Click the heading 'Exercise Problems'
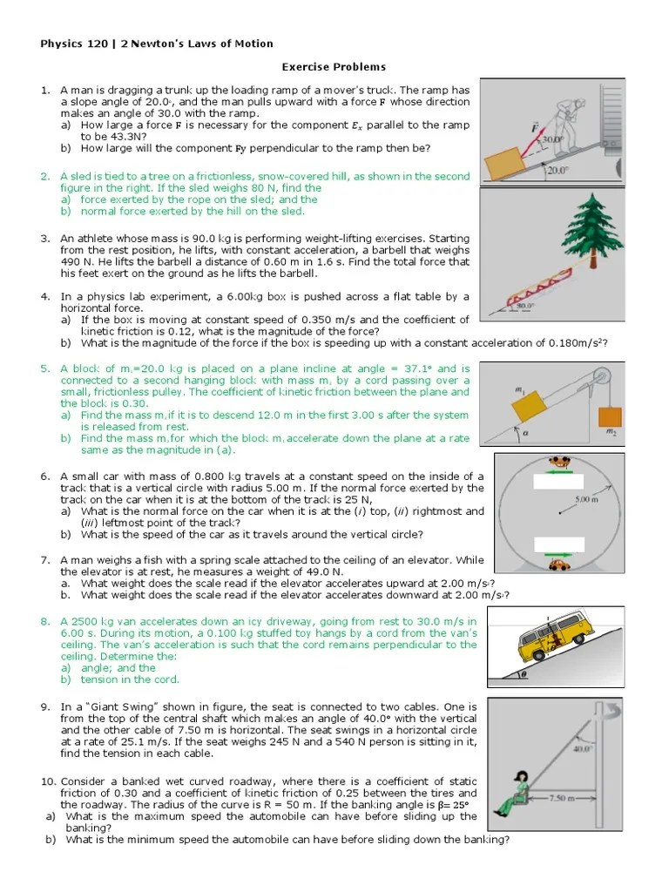[334, 67]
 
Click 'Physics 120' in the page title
[72, 44]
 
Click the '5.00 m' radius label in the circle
[586, 499]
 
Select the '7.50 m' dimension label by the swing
[557, 797]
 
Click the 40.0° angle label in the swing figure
[583, 747]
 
